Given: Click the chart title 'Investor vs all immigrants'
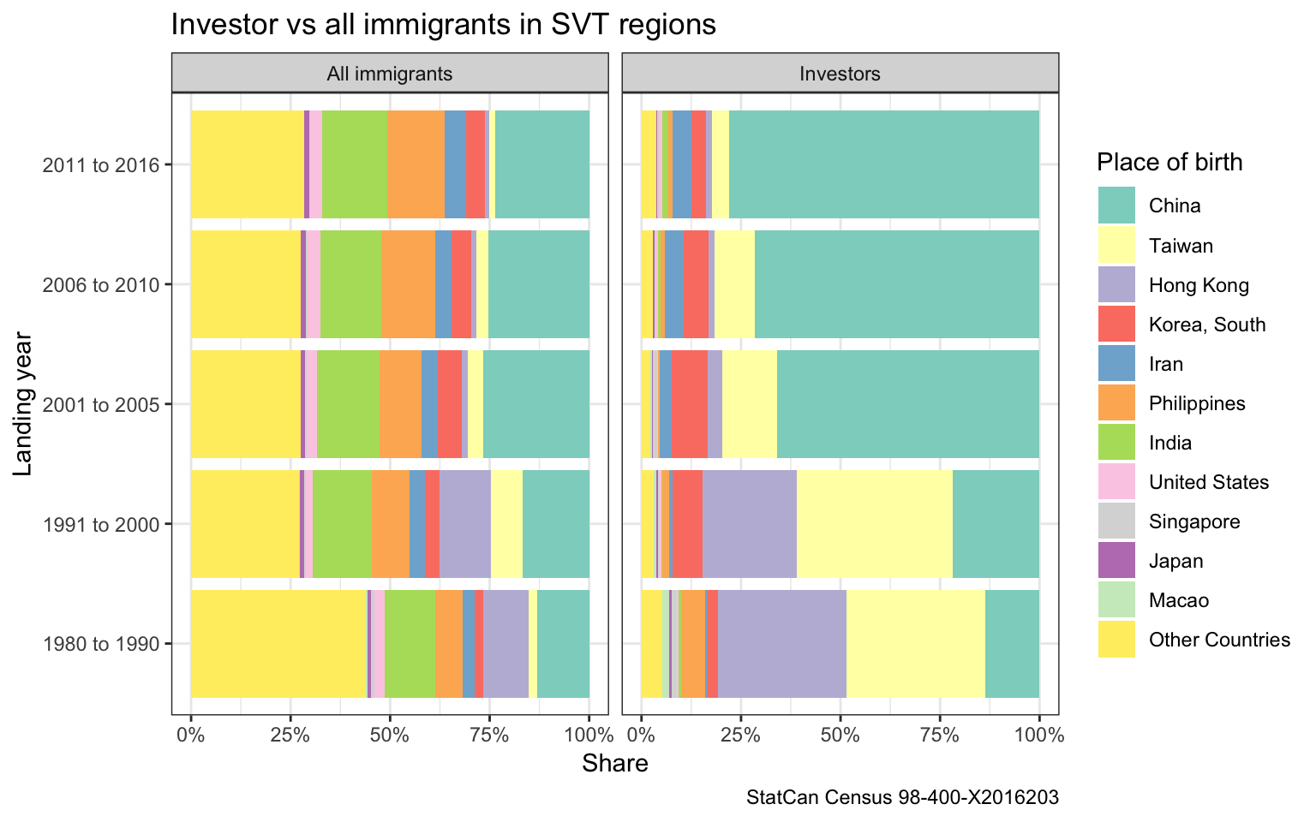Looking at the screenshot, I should pos(443,25).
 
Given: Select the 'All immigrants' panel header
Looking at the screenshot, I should pos(390,74).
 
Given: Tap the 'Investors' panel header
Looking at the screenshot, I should pos(840,74).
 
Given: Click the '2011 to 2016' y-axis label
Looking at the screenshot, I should pos(101,164).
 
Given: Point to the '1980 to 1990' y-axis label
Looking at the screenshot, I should pos(101,644).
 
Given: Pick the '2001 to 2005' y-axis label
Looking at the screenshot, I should pos(101,404).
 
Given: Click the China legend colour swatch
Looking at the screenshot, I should pos(1116,205).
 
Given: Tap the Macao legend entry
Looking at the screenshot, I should pos(1179,600).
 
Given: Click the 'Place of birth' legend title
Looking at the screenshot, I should pos(1169,162).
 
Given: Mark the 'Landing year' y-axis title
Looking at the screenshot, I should pos(23,404).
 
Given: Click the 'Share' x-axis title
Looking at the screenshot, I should pos(614,763).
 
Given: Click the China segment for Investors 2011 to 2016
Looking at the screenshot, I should pos(883,164).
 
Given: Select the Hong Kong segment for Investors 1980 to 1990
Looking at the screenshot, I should pos(781,644).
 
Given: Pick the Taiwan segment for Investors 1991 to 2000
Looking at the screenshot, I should pos(874,524).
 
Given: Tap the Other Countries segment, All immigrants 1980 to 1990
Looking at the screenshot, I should pos(278,644).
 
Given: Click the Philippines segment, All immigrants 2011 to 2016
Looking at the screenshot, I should pos(416,164).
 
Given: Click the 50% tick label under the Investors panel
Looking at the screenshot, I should pos(840,735).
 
